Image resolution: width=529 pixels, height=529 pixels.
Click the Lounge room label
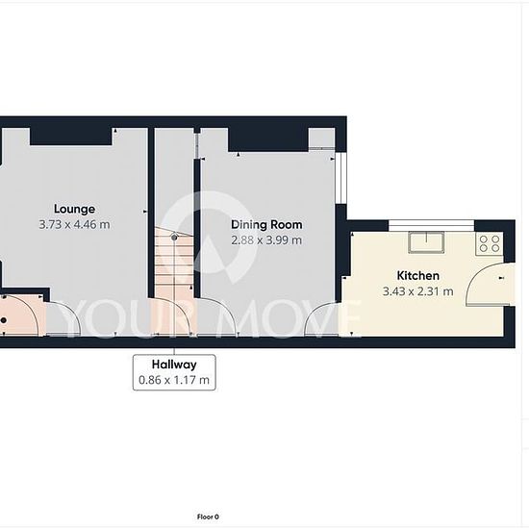point(75,209)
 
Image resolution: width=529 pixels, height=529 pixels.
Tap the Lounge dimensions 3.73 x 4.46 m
point(75,224)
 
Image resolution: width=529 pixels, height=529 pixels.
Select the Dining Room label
point(266,225)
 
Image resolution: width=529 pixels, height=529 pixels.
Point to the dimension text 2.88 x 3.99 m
point(266,240)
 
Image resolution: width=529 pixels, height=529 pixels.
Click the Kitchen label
point(418,276)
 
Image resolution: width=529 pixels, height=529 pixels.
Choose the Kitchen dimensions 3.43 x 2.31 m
point(418,291)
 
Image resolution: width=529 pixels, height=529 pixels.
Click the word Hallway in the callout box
point(174,365)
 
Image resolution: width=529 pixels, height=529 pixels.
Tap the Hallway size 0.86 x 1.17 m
point(174,380)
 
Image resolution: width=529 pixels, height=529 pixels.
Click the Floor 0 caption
point(208,516)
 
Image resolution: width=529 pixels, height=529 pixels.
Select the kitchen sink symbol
point(426,241)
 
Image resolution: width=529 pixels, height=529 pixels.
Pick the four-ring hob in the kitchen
point(490,243)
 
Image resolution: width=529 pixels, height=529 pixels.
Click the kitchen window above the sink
point(432,225)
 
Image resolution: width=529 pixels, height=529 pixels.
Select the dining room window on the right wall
point(341,179)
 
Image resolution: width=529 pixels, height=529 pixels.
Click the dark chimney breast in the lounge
point(71,137)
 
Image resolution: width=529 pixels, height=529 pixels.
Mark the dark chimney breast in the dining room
point(268,139)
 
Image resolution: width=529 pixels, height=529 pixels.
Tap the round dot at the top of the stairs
point(174,238)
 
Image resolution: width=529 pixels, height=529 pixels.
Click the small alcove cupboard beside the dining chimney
point(322,138)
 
